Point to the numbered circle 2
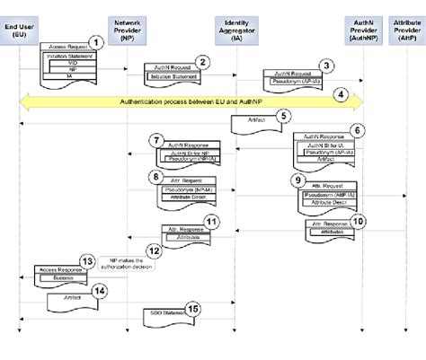tap(203, 62)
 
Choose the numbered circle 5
tap(283, 115)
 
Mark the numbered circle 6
tap(357, 131)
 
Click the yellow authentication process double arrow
tap(190, 101)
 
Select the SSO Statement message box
tap(164, 313)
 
